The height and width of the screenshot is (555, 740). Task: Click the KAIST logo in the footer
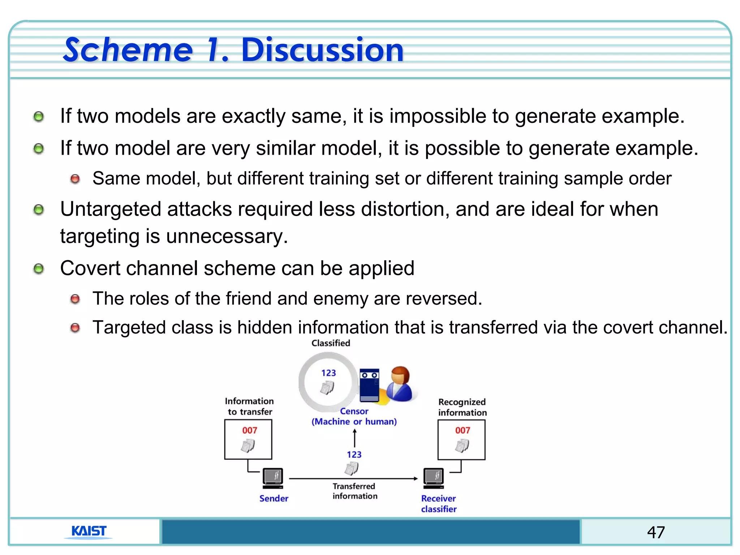coord(89,531)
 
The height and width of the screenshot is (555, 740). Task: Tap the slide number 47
coord(656,532)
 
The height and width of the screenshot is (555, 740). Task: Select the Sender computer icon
coord(273,478)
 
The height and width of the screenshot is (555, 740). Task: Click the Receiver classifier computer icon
coord(434,478)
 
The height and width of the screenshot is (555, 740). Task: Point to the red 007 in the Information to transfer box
coord(249,430)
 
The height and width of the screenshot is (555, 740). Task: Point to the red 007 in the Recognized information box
coord(462,430)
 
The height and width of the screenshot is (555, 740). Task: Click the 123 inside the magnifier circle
coord(328,373)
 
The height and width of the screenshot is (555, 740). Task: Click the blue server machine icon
coord(369,385)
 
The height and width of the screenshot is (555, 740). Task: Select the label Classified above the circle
coord(331,343)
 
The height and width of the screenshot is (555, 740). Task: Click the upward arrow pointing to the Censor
coord(354,438)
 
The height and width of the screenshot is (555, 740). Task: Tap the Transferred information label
coord(354,491)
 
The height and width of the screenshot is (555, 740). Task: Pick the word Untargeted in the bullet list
coord(110,209)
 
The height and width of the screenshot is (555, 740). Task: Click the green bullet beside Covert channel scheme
coord(38,269)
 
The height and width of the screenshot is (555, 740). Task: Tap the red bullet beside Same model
coord(75,179)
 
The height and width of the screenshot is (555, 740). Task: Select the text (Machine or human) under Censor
coord(354,422)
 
